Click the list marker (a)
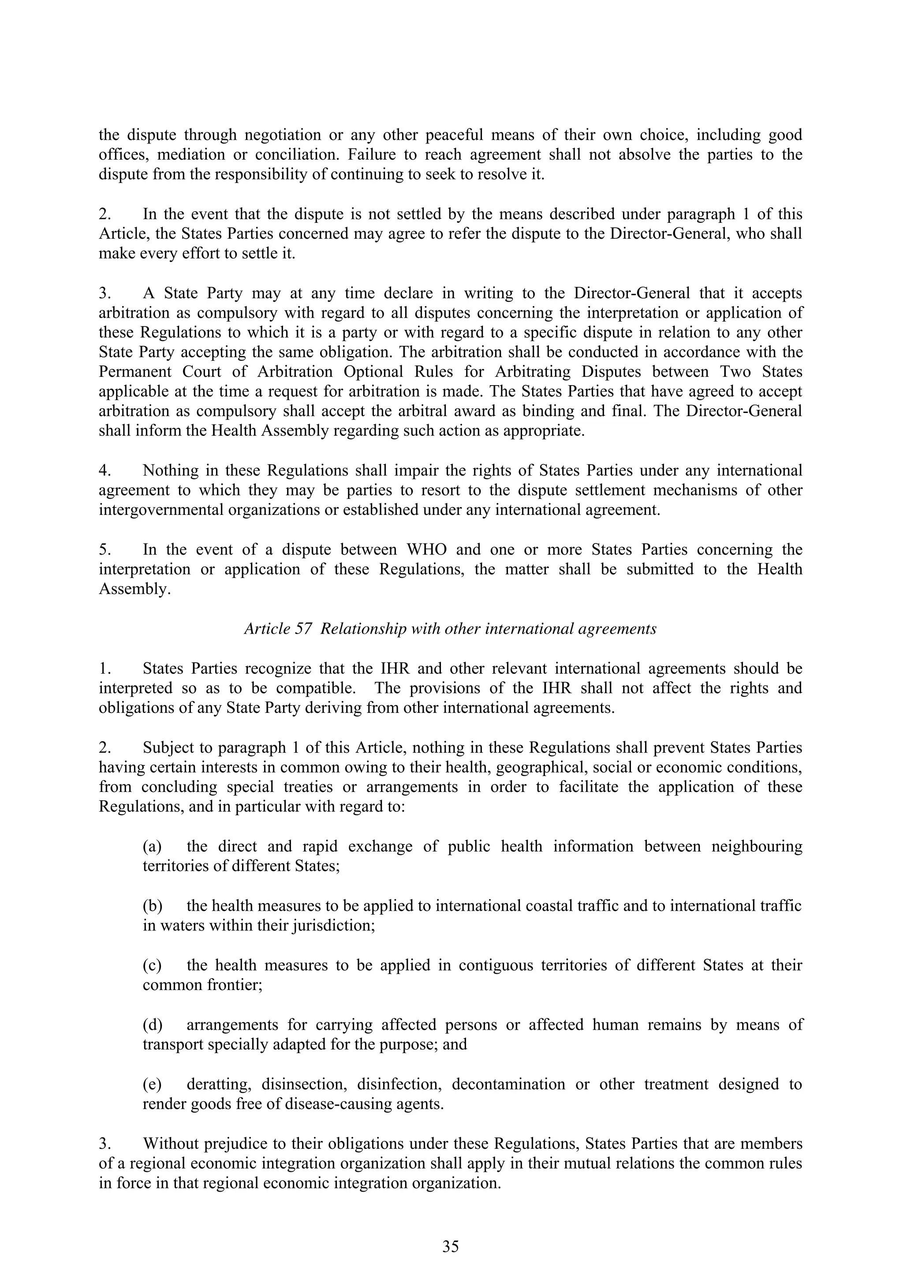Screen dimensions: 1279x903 coord(152,847)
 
